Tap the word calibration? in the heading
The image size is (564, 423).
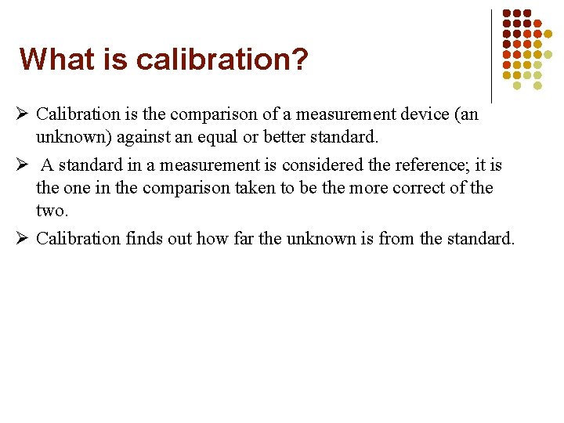coord(222,60)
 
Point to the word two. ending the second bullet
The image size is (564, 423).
coord(52,211)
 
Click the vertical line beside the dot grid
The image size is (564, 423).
coord(491,55)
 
